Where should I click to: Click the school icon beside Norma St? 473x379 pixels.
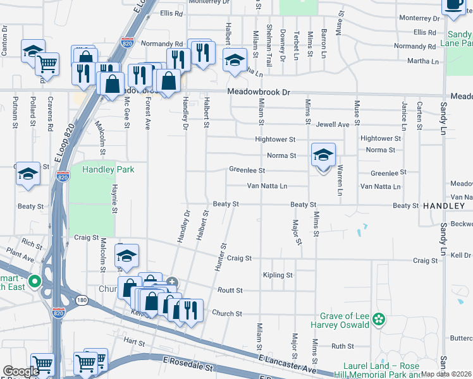point(323,155)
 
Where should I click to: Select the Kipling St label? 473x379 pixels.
point(278,275)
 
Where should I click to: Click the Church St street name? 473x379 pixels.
point(227,313)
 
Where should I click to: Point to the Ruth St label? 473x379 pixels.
point(342,346)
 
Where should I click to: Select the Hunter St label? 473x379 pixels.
point(220,257)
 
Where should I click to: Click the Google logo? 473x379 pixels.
point(21,371)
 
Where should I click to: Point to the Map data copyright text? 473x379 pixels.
point(446,374)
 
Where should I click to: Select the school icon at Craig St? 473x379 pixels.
point(126,256)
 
